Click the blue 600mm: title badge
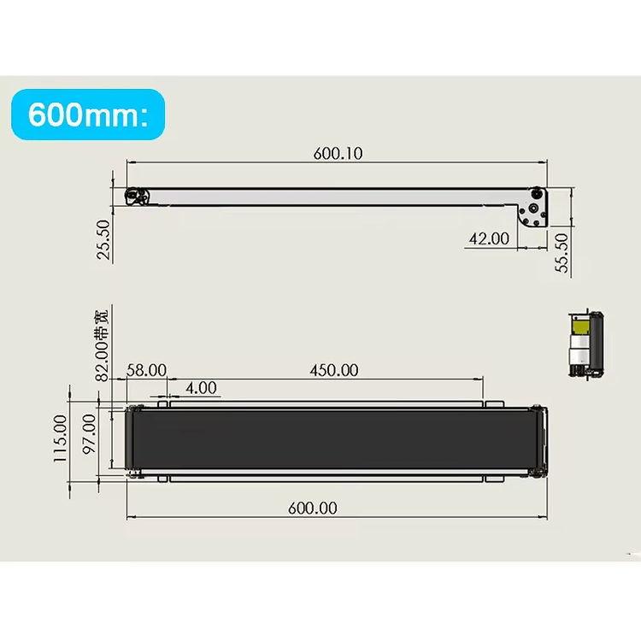(x=87, y=115)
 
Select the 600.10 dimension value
(x=338, y=154)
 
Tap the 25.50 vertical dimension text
(x=103, y=239)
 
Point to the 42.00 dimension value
(x=487, y=239)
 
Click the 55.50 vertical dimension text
(x=562, y=253)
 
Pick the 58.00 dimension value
(x=146, y=370)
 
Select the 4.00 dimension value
(x=201, y=388)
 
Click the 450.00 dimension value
(x=333, y=370)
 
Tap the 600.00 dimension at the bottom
(x=312, y=508)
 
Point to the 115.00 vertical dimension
(x=61, y=438)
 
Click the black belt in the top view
(x=333, y=439)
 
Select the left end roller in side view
(x=134, y=197)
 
